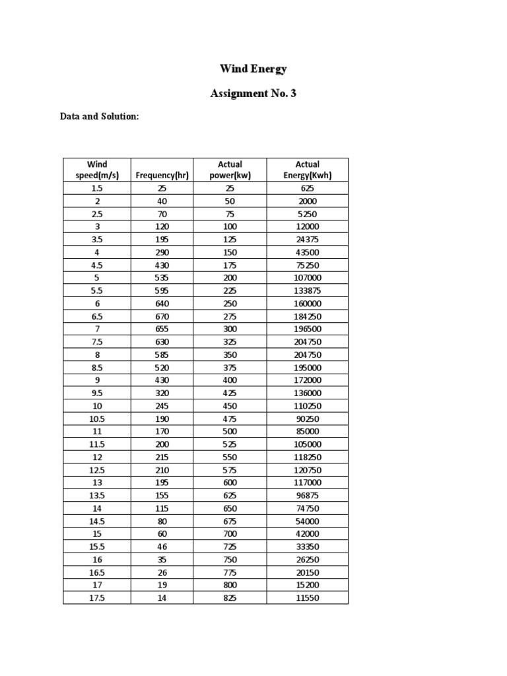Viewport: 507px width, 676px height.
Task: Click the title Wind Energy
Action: tap(253, 69)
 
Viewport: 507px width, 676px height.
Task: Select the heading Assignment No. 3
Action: tap(253, 93)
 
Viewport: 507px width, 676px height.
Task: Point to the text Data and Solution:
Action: tap(99, 116)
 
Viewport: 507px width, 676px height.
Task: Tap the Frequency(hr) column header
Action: tap(162, 175)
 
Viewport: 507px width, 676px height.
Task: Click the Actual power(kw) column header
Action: tap(230, 170)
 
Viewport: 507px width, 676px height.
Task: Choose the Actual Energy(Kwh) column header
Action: tap(308, 170)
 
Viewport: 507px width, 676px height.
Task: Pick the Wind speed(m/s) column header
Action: tap(97, 170)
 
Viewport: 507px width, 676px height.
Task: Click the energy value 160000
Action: tap(308, 303)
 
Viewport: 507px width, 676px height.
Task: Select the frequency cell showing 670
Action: tap(162, 316)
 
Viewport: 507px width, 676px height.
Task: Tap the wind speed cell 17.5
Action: tap(97, 597)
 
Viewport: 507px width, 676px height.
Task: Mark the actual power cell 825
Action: tap(230, 597)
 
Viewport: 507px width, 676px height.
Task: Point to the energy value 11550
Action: tap(308, 597)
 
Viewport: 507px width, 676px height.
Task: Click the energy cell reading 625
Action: tap(308, 188)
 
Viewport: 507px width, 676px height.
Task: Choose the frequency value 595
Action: tap(162, 290)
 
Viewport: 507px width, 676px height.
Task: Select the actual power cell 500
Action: tap(230, 431)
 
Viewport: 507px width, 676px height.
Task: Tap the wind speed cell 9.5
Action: tap(97, 393)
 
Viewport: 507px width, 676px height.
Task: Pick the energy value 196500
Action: tap(308, 329)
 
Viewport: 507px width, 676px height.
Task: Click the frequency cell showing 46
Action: tap(162, 547)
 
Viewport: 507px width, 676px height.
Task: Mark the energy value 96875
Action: tap(308, 495)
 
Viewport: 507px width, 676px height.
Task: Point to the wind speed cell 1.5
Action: tap(97, 188)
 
